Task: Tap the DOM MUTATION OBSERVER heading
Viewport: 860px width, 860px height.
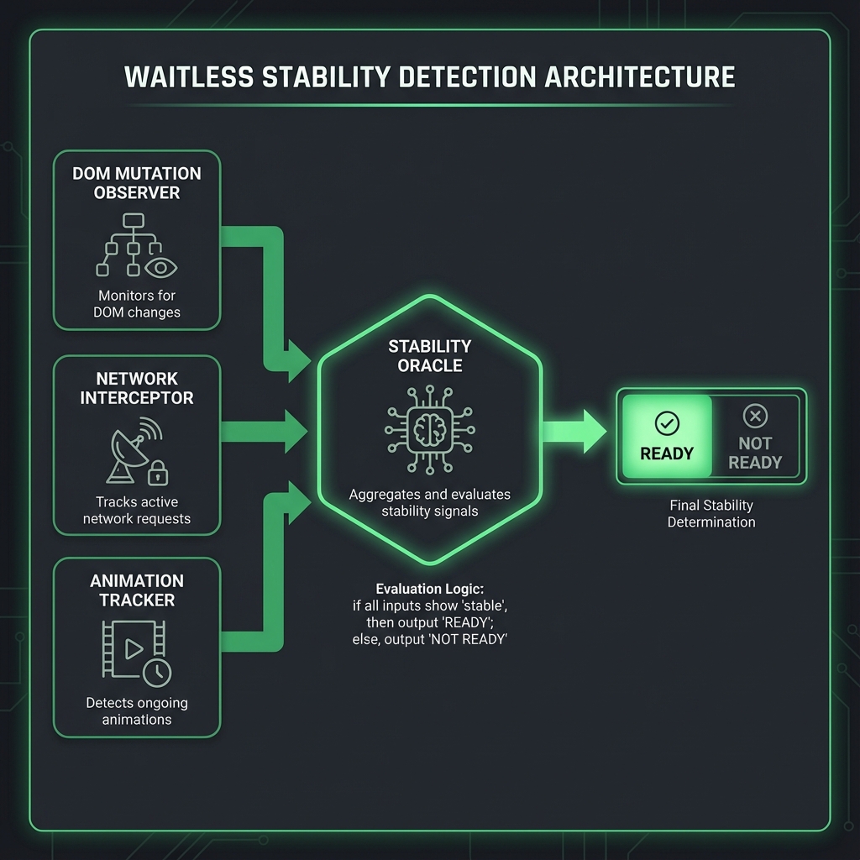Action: point(137,183)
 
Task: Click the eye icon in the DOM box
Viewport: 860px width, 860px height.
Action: point(160,267)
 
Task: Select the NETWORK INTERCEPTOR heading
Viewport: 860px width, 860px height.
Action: point(137,388)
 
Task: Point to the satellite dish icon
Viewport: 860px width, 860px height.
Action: point(127,454)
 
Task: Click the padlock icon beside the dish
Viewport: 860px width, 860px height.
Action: point(157,475)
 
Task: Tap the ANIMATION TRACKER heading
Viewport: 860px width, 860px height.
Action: point(137,590)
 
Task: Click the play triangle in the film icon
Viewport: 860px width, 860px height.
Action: point(131,648)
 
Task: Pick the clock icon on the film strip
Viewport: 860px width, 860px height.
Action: point(157,671)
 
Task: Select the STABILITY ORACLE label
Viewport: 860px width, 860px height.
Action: point(429,354)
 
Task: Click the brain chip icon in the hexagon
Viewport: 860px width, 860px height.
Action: point(429,429)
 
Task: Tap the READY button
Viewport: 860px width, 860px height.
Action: point(667,437)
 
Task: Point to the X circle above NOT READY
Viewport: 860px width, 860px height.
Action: point(755,415)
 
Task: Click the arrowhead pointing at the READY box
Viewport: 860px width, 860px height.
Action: point(594,431)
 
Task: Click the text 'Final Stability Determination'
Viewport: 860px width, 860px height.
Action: point(711,513)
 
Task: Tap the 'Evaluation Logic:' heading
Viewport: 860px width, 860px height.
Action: point(429,588)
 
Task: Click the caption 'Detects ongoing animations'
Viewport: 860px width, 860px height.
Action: point(137,711)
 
